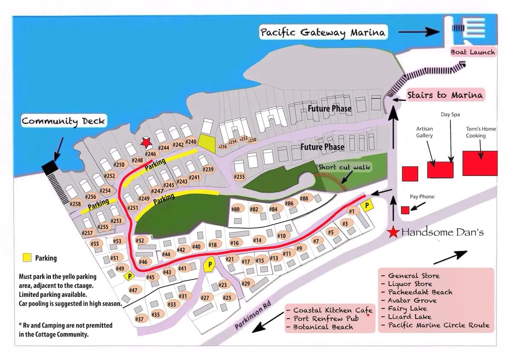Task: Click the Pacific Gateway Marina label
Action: coord(323,32)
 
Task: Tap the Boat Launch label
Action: coord(473,52)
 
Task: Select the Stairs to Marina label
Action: coord(445,95)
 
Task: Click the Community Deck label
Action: coord(63,121)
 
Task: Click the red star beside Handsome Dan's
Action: coord(393,232)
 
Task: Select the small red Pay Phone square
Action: coord(405,210)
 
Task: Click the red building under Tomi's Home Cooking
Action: coord(480,163)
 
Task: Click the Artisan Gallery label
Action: coord(425,132)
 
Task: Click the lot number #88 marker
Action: coord(304,198)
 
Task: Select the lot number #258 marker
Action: coord(76,204)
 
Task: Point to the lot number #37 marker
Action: coord(140,319)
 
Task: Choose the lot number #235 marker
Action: coord(240,177)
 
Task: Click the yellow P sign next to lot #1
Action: coord(367,206)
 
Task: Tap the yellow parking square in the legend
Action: coord(27,258)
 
